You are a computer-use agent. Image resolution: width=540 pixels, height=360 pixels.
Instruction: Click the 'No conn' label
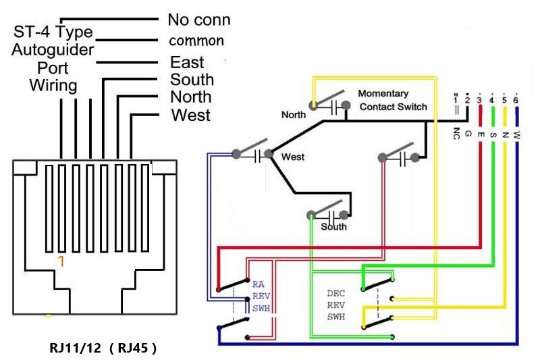[x=198, y=20]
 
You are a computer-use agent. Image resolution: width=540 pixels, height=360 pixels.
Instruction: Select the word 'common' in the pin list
[x=196, y=41]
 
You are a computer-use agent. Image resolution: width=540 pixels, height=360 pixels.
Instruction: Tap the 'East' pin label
[x=187, y=63]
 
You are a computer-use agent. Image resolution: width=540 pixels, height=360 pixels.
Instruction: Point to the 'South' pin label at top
[x=192, y=80]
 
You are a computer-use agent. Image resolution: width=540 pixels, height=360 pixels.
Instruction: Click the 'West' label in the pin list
[x=190, y=115]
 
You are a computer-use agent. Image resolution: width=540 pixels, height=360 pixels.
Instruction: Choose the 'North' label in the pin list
[x=191, y=97]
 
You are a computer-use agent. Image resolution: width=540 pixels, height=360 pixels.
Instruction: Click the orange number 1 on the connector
[x=61, y=261]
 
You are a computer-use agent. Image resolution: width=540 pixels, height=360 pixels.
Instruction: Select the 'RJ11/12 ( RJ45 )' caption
[x=103, y=349]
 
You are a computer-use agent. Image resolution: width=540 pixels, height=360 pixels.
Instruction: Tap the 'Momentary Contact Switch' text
[x=392, y=100]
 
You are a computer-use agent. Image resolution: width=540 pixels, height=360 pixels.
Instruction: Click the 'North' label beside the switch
[x=293, y=115]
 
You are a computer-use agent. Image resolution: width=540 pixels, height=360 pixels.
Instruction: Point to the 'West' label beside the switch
[x=292, y=157]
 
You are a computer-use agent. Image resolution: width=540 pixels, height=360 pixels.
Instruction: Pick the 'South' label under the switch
[x=333, y=227]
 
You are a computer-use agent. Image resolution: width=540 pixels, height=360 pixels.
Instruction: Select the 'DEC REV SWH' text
[x=335, y=305]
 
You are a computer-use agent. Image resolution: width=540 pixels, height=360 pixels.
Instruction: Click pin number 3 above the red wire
[x=479, y=101]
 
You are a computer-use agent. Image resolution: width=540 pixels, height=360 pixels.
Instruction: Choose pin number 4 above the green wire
[x=492, y=101]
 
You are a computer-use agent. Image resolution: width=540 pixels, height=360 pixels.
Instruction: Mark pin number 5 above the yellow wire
[x=504, y=101]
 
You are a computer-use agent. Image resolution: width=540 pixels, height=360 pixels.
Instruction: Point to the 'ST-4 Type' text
[x=52, y=32]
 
